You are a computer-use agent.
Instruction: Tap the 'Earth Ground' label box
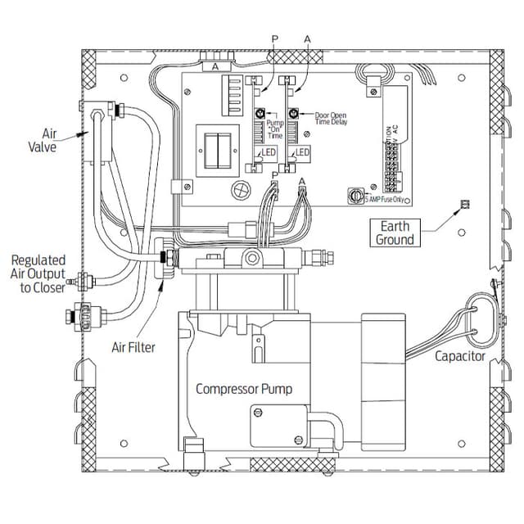click(x=395, y=233)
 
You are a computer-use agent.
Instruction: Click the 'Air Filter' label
click(x=133, y=348)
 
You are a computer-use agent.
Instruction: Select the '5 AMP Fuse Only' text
click(x=384, y=197)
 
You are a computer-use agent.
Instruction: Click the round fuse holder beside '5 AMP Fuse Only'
click(x=355, y=196)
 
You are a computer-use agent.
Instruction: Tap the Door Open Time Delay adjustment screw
click(x=292, y=115)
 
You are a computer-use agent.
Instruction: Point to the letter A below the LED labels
click(x=302, y=180)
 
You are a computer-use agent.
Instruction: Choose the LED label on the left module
click(x=269, y=153)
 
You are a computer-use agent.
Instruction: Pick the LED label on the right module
click(x=302, y=153)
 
